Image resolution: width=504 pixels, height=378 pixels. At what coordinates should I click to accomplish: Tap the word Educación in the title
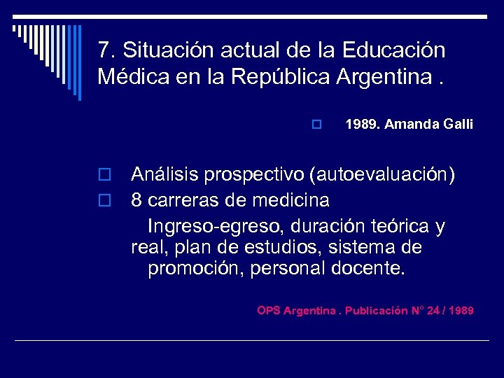(x=394, y=50)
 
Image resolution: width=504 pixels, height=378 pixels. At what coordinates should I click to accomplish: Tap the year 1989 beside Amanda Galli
(x=361, y=125)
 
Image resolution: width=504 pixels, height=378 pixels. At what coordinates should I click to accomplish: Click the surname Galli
(x=458, y=125)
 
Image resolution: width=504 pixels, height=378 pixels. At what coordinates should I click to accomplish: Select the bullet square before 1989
(x=316, y=125)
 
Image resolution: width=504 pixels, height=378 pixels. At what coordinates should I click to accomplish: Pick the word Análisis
(x=162, y=174)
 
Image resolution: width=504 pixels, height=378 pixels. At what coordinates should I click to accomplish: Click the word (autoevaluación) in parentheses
(x=377, y=174)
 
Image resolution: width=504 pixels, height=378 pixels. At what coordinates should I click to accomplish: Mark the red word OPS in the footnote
(x=268, y=310)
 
